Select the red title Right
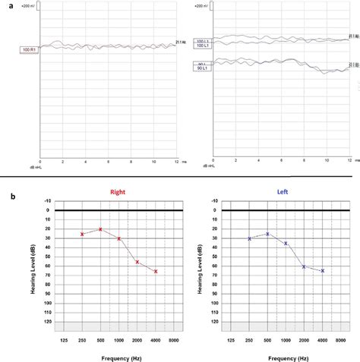(x=118, y=192)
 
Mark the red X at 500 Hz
(x=100, y=229)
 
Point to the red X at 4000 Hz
(x=156, y=271)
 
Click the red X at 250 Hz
(x=82, y=235)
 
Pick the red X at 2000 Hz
(x=137, y=263)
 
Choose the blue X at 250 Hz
(x=249, y=238)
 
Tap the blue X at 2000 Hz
(x=304, y=266)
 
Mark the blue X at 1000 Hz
(x=286, y=243)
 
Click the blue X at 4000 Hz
(x=323, y=271)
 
